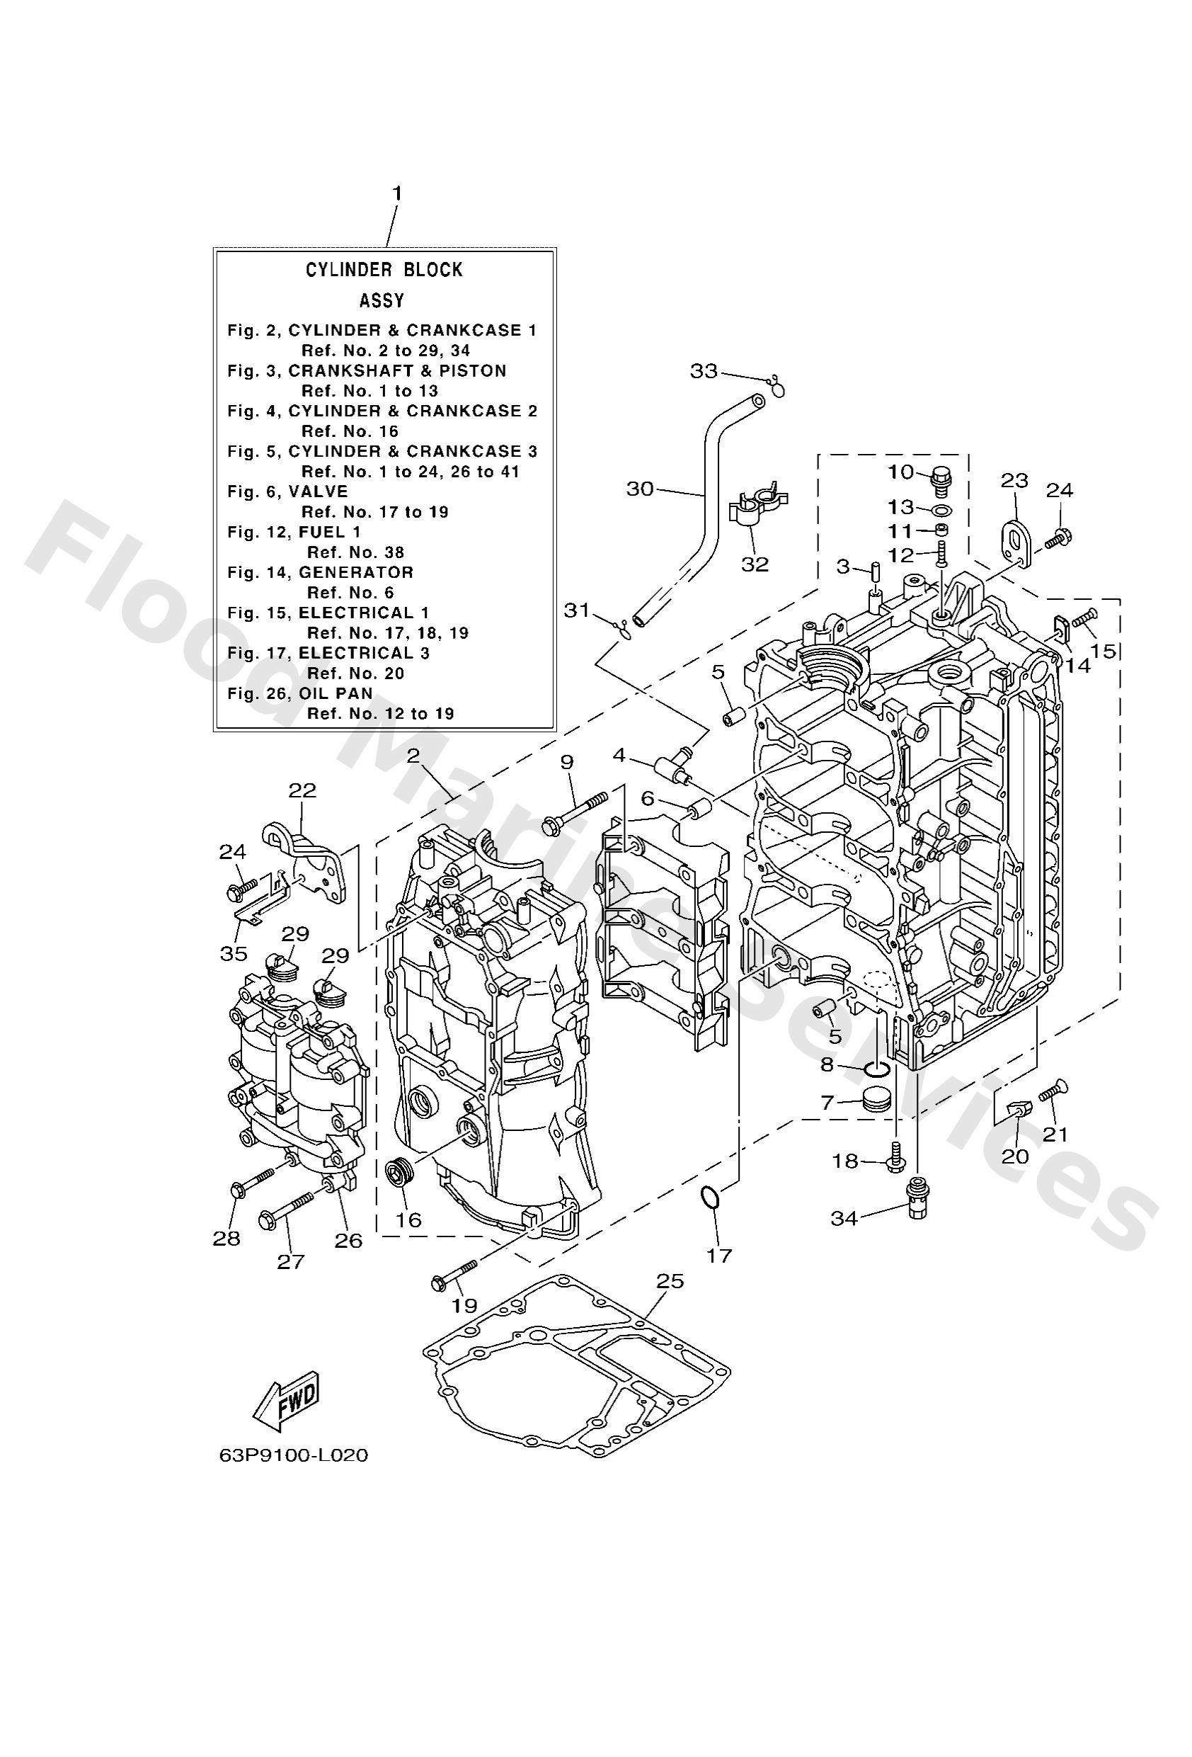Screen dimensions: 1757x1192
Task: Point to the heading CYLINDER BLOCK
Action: tap(383, 270)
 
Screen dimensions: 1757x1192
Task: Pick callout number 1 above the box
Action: tap(396, 193)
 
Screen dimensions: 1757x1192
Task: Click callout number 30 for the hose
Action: tap(639, 489)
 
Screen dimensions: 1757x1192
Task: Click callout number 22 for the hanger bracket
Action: tap(302, 790)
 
